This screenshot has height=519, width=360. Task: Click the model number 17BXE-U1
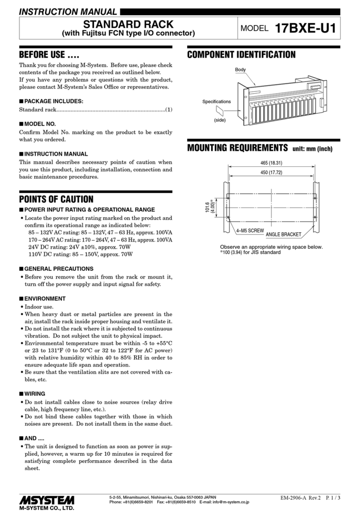pos(305,29)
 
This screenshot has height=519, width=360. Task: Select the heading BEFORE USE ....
pos(49,55)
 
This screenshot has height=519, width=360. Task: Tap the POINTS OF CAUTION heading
pos(56,199)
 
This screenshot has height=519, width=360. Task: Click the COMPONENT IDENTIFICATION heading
pos(241,55)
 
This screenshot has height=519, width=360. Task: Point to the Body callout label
pos(240,70)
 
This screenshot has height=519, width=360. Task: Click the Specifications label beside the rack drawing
pos(216,102)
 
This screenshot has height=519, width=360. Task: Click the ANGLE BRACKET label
pos(283,235)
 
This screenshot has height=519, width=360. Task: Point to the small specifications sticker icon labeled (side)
pos(219,111)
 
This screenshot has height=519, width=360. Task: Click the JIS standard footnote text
pos(250,252)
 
